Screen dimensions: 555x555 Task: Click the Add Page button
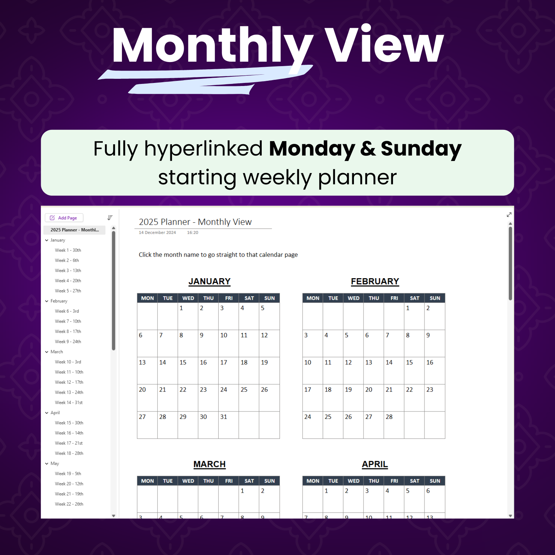64,218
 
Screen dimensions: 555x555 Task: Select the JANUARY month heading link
209,281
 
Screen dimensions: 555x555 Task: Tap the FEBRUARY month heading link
375,281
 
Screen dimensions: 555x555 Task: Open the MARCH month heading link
209,464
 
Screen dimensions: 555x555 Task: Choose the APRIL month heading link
375,464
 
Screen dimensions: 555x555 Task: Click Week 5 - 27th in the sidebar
68,291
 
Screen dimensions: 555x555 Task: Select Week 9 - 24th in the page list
68,342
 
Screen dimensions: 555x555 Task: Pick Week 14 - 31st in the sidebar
69,403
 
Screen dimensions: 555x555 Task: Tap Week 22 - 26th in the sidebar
69,504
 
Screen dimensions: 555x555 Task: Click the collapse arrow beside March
47,352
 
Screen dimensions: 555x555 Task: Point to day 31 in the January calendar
224,417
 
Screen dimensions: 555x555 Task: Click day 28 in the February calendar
389,417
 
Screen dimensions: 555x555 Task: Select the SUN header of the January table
269,298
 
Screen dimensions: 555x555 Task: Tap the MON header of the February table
313,298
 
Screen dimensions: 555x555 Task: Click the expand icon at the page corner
509,214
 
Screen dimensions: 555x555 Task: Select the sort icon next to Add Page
110,218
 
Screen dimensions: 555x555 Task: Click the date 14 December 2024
157,233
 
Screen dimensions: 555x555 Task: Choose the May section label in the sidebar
55,464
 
